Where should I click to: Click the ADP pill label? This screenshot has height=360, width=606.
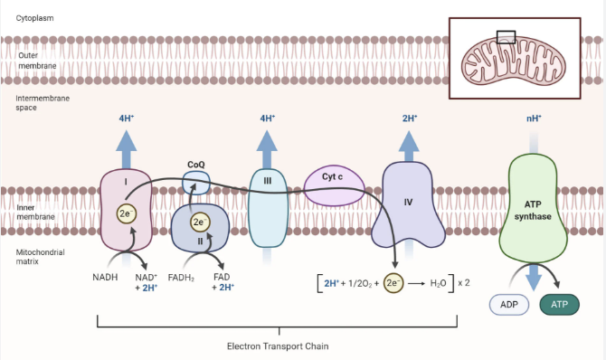point(509,304)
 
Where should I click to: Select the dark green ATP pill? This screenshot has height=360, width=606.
point(559,304)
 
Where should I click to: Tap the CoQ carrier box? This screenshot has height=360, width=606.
point(196,183)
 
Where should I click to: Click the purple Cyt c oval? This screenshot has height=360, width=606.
point(334,185)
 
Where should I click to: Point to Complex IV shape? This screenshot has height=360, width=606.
point(408,205)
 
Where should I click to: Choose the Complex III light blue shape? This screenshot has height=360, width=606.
point(268,208)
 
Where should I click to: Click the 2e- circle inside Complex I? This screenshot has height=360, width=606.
point(127,213)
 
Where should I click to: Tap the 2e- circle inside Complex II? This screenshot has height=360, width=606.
point(200,222)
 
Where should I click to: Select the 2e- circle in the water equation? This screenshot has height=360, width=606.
point(393,283)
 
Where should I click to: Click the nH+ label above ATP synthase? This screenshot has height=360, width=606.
point(534,118)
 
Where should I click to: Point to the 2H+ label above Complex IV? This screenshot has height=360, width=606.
point(410,118)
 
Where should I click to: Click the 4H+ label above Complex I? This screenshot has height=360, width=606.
point(127,118)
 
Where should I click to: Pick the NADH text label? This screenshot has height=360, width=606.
point(105,278)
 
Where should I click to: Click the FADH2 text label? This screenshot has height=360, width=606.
point(181,278)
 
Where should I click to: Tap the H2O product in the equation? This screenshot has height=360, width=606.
point(439,283)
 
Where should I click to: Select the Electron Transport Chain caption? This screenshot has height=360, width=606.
point(278,346)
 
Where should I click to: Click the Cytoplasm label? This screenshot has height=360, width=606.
point(34,18)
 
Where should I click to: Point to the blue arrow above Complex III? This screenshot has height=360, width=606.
point(267,149)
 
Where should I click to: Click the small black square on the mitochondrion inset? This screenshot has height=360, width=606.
point(506,37)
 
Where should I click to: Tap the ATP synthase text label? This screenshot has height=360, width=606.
point(533,210)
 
